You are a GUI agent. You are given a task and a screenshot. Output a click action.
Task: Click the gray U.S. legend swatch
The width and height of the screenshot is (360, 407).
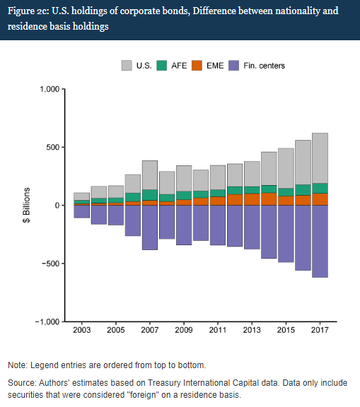[x=127, y=66]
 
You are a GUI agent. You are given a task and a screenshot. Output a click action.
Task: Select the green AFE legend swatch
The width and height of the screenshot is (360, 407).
[x=161, y=66]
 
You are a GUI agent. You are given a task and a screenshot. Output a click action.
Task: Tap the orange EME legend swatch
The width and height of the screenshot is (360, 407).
[x=197, y=66]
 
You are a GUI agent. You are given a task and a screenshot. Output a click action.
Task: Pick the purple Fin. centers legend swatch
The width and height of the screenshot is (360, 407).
[x=234, y=66]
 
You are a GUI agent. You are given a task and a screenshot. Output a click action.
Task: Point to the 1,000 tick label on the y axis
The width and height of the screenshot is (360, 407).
[x=50, y=89]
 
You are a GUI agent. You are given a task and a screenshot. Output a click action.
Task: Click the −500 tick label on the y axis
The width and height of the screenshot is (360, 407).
[x=51, y=264]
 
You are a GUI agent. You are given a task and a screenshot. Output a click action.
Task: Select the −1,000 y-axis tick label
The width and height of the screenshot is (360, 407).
[x=47, y=322]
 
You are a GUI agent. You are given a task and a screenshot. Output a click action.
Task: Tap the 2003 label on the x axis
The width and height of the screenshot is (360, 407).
[x=82, y=330]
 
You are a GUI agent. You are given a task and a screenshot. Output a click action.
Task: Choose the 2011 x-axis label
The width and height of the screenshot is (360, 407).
[x=218, y=330]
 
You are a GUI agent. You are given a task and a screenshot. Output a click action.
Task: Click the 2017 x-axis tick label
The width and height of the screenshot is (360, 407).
[x=320, y=330]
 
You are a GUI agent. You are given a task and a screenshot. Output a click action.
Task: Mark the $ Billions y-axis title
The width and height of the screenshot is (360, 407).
[x=26, y=205]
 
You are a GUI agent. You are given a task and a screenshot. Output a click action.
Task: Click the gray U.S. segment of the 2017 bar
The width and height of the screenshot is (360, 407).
[x=320, y=158]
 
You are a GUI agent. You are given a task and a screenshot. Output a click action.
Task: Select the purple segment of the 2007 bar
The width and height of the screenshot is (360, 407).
[x=150, y=228]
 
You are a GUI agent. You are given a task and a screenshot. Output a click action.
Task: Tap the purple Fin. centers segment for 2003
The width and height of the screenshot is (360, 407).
[x=82, y=211]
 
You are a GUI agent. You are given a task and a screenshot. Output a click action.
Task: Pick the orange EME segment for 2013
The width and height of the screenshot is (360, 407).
[x=252, y=199]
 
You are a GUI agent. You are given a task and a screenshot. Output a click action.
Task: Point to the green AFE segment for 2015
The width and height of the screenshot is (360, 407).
[x=286, y=192]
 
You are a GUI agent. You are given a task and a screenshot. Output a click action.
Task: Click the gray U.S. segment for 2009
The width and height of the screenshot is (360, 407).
[x=184, y=178]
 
